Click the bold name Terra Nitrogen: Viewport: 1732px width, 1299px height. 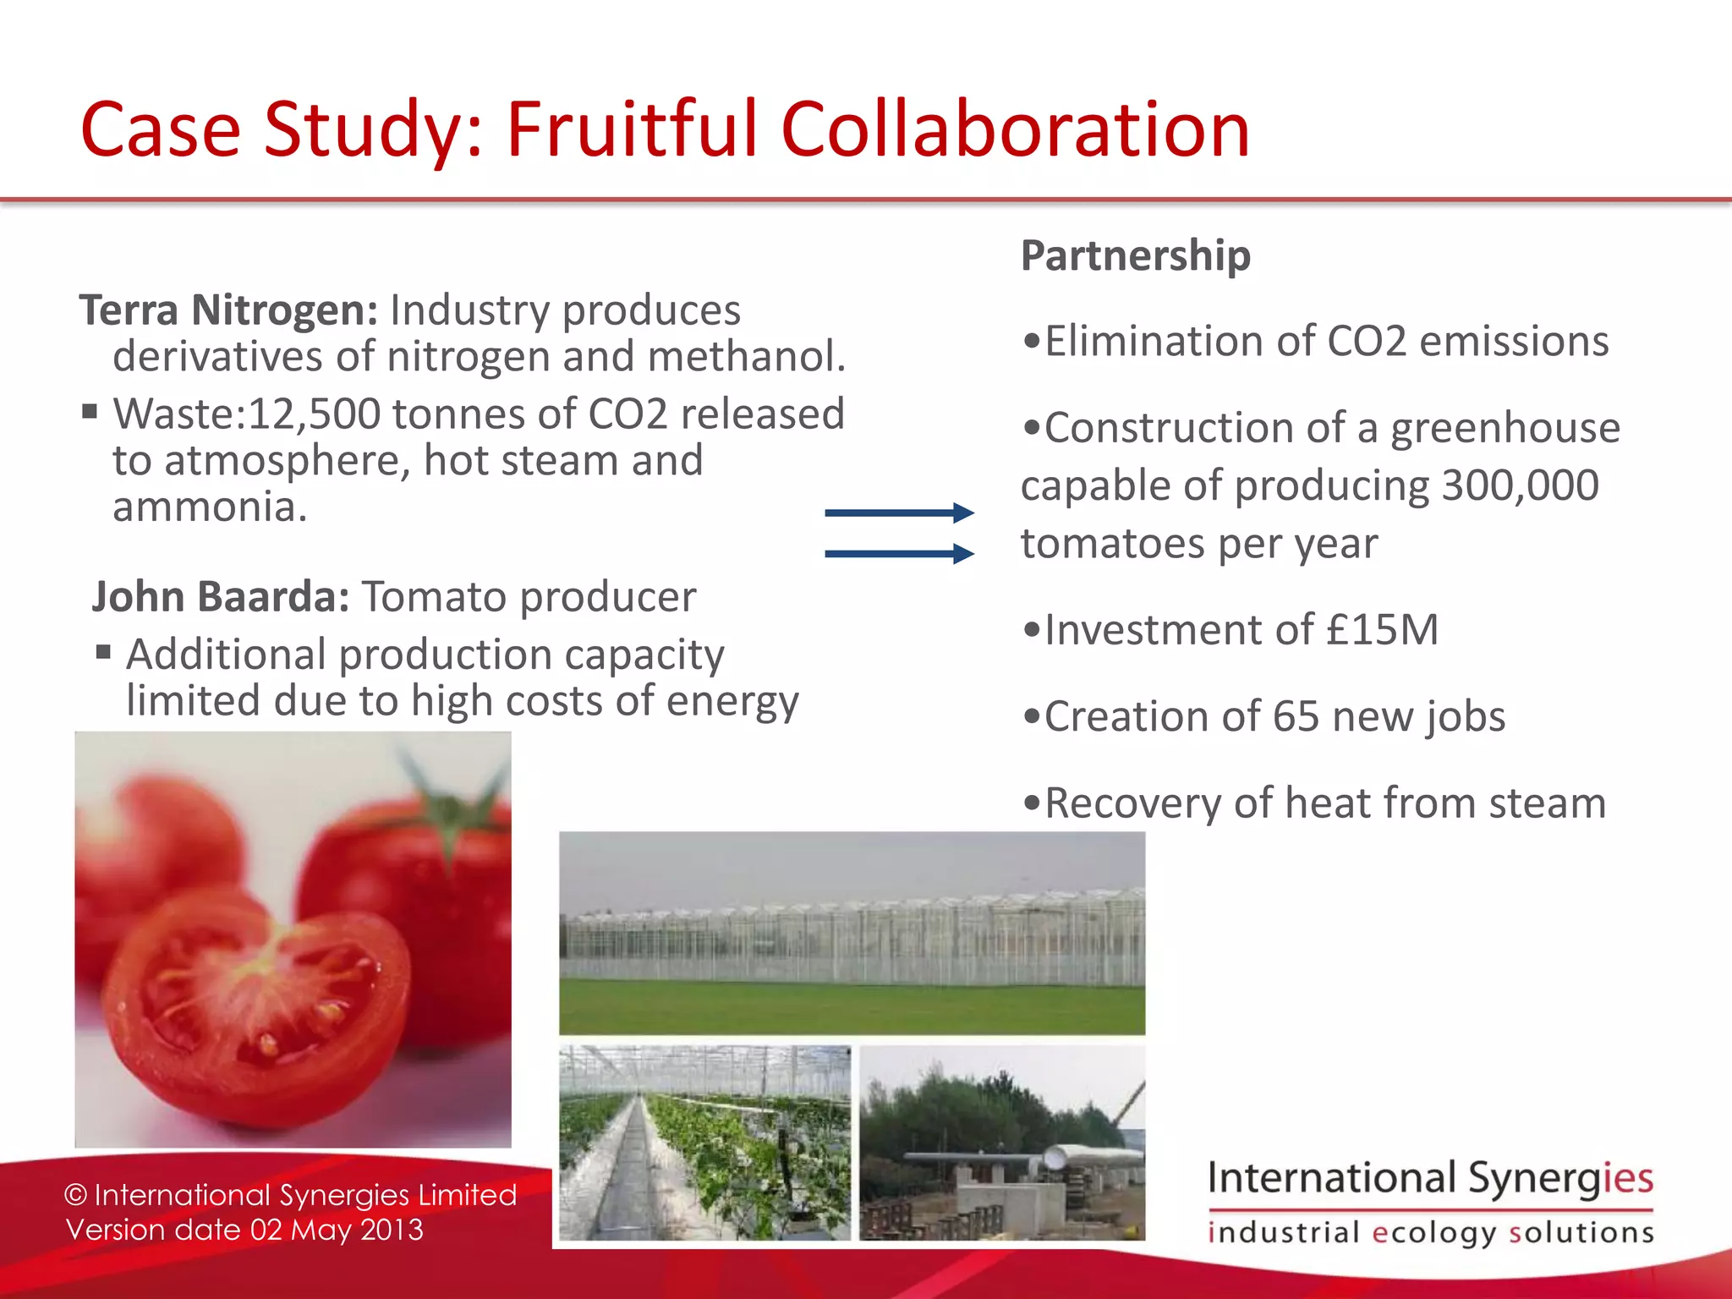[x=228, y=310]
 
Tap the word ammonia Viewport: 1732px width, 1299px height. [x=210, y=507]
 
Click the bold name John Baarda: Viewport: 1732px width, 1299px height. [x=220, y=597]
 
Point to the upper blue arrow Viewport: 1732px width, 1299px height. [x=898, y=512]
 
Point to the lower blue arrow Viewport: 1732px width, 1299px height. [x=898, y=554]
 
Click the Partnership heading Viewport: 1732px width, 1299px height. [x=1135, y=255]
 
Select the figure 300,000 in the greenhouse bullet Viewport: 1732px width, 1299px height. [x=1520, y=485]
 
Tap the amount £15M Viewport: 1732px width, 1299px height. [x=1382, y=630]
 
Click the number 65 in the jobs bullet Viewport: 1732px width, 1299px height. [x=1296, y=716]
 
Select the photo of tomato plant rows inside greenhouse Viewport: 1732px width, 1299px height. [x=704, y=1142]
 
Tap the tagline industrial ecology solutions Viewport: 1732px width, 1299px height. [x=1429, y=1232]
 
